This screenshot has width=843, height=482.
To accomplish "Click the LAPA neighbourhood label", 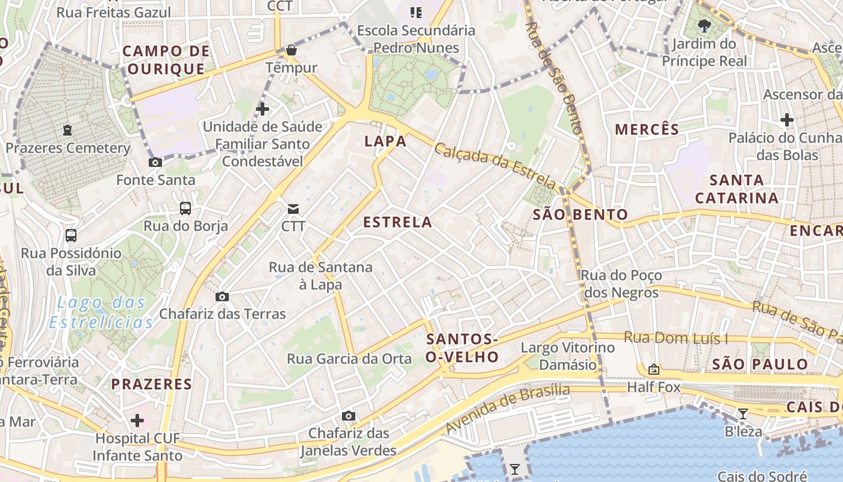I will [x=385, y=142].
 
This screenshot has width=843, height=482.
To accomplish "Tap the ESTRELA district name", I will [x=397, y=222].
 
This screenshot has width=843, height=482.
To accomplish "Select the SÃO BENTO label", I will [x=580, y=214].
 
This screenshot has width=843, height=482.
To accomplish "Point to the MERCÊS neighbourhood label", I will [x=647, y=129].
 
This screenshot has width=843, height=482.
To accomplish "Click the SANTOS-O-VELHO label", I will [x=462, y=348].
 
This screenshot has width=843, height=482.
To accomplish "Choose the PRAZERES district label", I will [x=152, y=384].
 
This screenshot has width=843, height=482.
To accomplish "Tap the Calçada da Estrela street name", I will [x=494, y=166].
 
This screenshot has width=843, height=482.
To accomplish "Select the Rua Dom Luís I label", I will [x=676, y=338].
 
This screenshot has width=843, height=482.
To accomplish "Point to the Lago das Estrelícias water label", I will [x=101, y=312].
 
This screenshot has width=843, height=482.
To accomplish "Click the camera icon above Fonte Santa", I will [x=155, y=162].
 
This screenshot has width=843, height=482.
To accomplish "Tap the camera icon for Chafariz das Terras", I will [x=222, y=296].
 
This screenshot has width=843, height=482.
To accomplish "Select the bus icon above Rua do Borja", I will [x=185, y=208].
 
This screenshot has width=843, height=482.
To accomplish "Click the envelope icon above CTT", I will [x=293, y=209].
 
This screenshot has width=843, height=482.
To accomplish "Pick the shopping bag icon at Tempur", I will [x=291, y=50].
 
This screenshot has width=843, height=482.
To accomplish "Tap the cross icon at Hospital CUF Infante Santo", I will [x=137, y=420].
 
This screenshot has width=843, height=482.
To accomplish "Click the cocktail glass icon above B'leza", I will [x=743, y=413].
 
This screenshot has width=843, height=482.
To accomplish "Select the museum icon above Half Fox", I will [x=654, y=369].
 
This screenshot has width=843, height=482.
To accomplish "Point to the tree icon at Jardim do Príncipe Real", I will [x=704, y=25].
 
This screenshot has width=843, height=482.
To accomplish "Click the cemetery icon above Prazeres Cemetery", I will [x=67, y=130].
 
